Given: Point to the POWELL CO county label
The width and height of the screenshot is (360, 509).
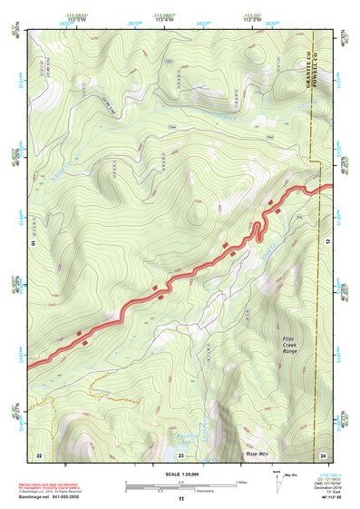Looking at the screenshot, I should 314,64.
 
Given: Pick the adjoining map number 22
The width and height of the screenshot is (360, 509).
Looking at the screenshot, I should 39,453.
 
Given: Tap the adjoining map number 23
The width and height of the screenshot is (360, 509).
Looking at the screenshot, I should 180,453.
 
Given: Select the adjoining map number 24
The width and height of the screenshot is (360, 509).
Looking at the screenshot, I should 324,453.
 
